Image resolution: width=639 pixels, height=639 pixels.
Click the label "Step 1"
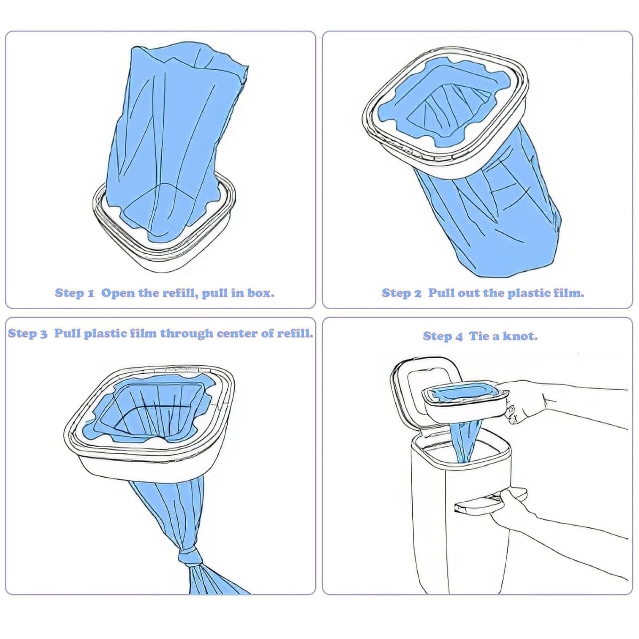click(x=74, y=293)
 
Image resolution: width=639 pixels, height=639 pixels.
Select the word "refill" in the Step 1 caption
click(x=180, y=293)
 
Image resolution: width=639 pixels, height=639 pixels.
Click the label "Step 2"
click(x=402, y=293)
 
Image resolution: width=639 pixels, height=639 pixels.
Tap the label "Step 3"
click(x=27, y=333)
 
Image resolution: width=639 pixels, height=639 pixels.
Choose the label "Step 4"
click(x=443, y=337)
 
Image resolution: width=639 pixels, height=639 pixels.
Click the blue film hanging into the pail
click(x=466, y=440)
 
